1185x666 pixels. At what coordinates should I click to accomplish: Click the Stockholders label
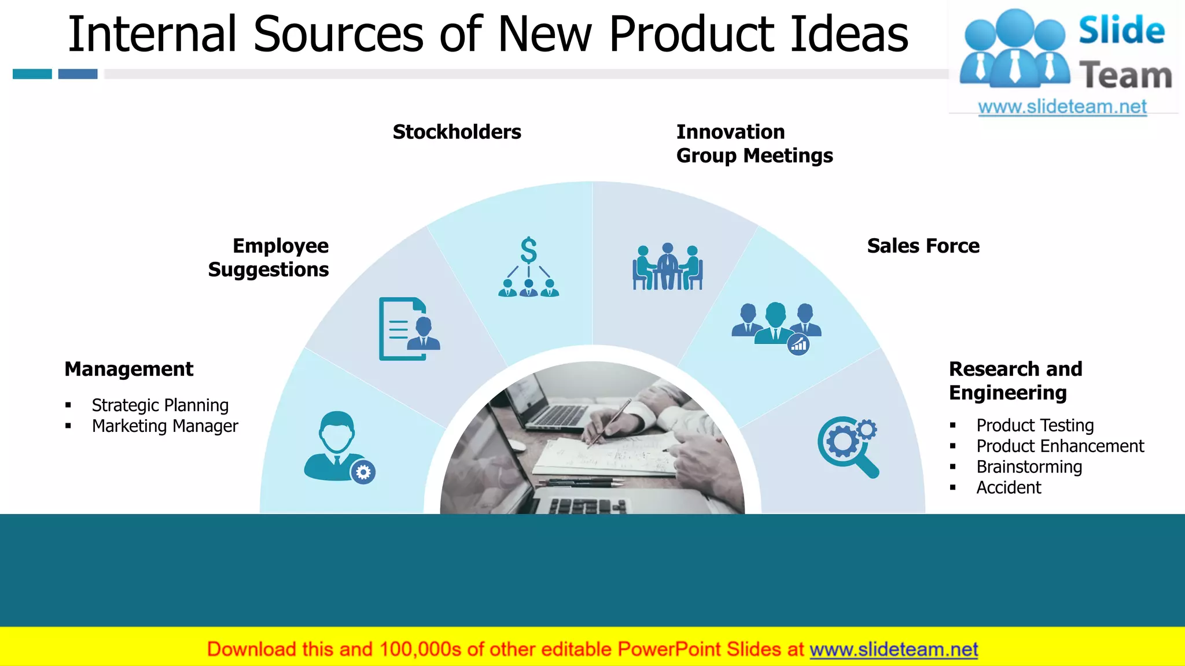tap(457, 132)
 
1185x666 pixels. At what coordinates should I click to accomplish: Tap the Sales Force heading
tap(923, 246)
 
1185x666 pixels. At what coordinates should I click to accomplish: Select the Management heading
tap(128, 369)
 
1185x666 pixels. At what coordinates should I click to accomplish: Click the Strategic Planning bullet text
tap(160, 405)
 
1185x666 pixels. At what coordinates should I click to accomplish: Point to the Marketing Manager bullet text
tap(164, 426)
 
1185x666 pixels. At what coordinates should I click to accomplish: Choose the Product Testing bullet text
tap(1035, 425)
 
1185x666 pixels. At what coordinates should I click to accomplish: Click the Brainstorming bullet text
tap(1029, 467)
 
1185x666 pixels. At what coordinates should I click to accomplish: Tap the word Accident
tap(1009, 488)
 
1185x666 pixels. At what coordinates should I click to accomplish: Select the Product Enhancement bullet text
tap(1060, 446)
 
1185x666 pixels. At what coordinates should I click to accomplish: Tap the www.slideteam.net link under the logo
tap(1062, 107)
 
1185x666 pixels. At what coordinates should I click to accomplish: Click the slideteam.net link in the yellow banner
tap(893, 650)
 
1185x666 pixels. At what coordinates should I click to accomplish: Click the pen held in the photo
tap(609, 422)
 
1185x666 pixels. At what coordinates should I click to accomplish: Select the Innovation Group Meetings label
tap(754, 143)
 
